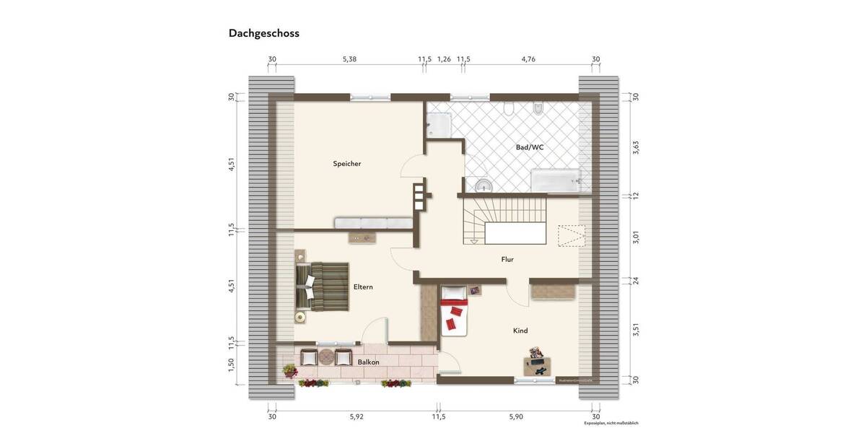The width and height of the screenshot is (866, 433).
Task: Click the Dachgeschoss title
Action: pos(263,33)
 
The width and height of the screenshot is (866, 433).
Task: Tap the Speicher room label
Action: pos(346,164)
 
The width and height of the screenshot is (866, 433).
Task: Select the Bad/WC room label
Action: pos(530,147)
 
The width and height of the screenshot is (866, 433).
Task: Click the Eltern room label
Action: pos(363,287)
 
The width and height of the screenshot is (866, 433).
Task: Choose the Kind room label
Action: pos(520,331)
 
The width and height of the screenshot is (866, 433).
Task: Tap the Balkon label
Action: pos(368,362)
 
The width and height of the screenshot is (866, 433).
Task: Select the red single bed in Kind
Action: pos(454,310)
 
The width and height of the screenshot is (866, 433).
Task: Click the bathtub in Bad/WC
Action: pos(556,180)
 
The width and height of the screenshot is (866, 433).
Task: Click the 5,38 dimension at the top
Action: pos(349,59)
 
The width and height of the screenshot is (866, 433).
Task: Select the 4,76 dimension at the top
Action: pos(528,59)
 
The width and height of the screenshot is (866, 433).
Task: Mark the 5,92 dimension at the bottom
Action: pos(357,416)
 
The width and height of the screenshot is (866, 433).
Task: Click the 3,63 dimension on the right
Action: pos(635,147)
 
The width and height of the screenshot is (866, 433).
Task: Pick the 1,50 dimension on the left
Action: pos(231,366)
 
